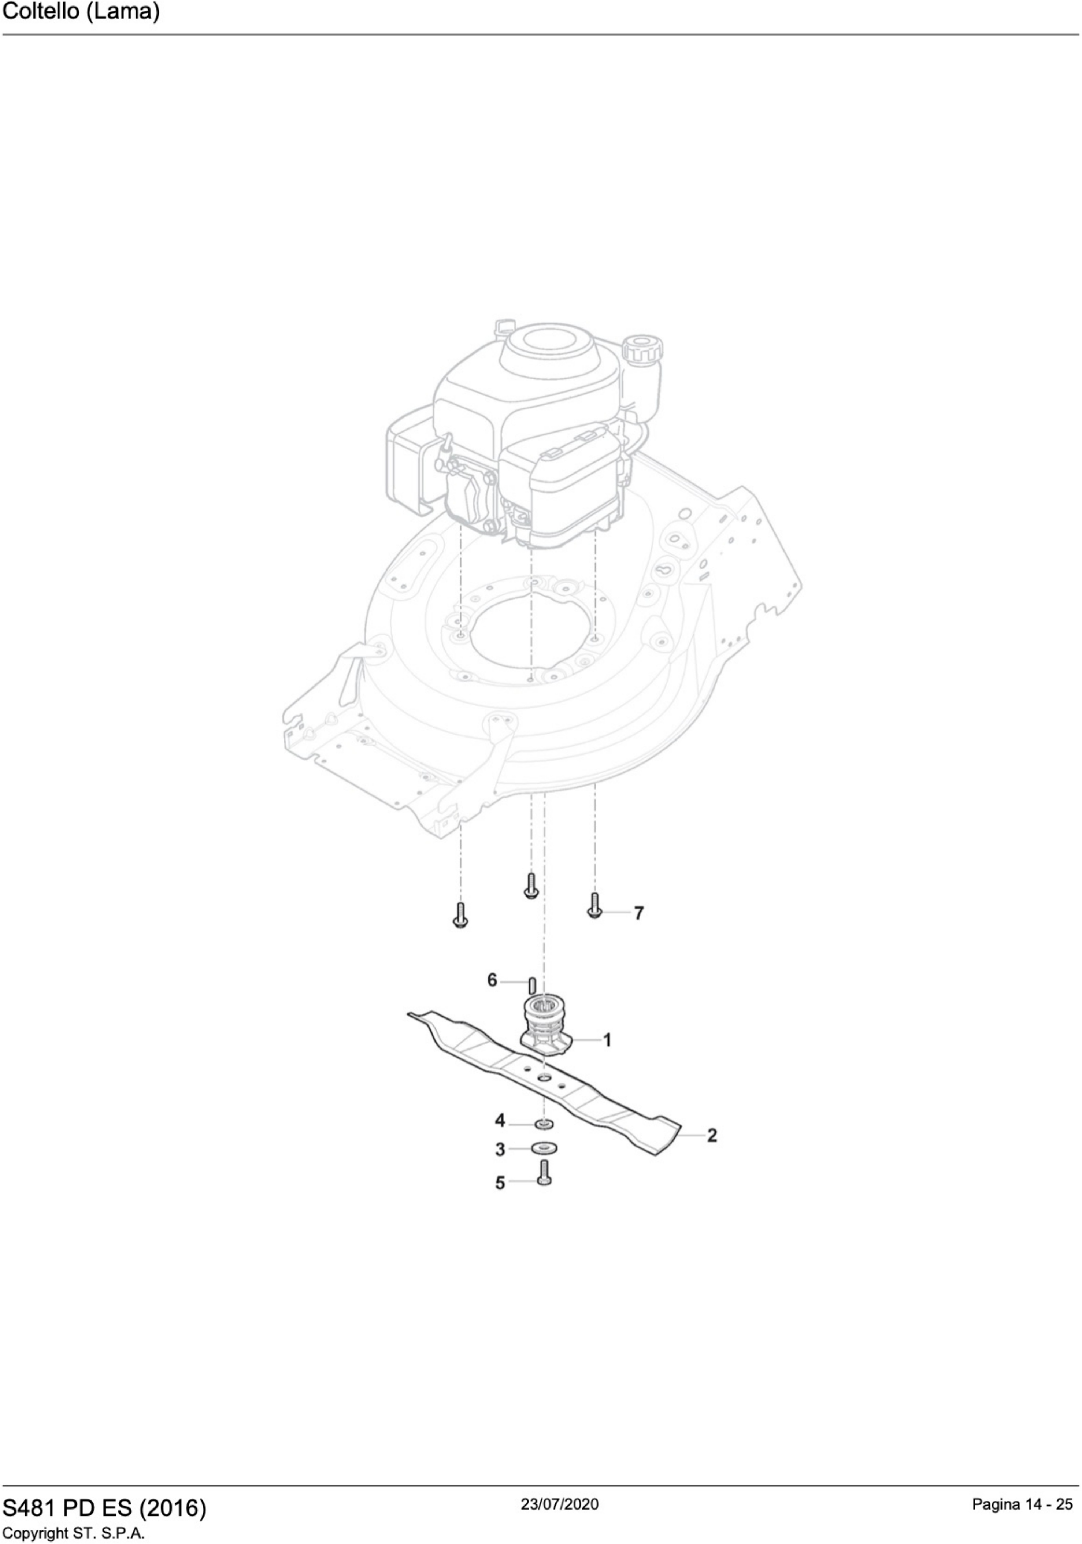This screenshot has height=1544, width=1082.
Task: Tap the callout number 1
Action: click(607, 1040)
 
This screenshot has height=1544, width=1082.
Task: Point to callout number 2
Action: click(712, 1135)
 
